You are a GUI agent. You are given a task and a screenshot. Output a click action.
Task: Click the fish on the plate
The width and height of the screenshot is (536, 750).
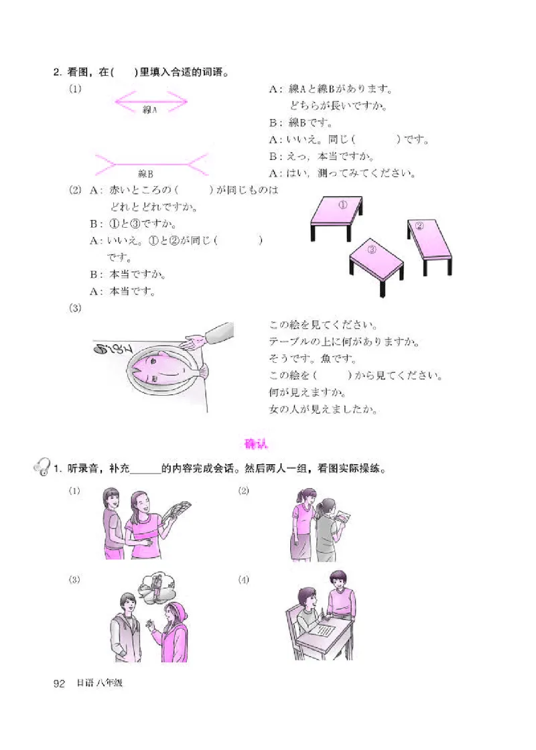click(x=160, y=367)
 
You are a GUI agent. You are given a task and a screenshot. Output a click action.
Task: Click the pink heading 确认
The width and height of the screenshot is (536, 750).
click(x=255, y=444)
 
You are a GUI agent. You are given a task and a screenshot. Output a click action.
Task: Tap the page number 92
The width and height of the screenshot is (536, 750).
click(x=58, y=683)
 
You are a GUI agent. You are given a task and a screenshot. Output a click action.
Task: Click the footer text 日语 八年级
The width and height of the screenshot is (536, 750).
click(x=100, y=683)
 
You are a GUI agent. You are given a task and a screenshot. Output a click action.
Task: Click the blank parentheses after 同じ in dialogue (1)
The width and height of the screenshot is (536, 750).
click(x=376, y=140)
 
